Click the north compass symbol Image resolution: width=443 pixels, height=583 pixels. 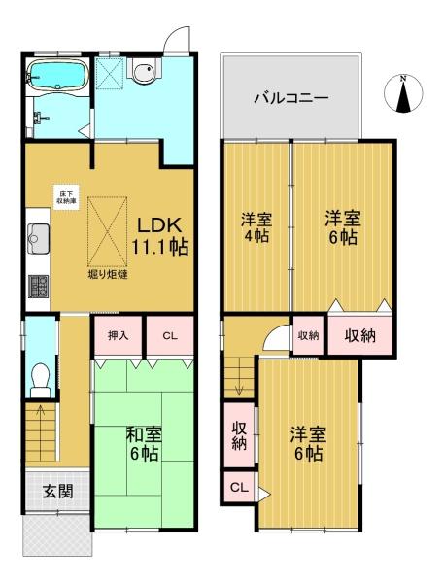403,93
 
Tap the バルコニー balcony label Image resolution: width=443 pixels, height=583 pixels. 291,98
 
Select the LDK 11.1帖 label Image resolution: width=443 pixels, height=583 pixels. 160,236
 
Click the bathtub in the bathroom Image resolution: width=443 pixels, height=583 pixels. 58,76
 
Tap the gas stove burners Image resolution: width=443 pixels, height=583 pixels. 38,286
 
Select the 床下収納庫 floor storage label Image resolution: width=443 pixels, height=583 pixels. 65,196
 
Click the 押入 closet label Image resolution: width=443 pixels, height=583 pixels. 119,336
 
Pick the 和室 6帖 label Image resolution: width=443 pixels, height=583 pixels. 144,444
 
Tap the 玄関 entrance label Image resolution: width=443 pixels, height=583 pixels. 57,492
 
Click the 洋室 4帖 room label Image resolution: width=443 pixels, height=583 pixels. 256,226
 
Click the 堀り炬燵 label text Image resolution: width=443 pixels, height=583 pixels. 108,275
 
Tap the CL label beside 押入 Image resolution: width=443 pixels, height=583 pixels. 170,336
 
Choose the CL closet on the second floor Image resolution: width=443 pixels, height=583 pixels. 239,487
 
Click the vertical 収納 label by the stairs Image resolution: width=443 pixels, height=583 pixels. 239,436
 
